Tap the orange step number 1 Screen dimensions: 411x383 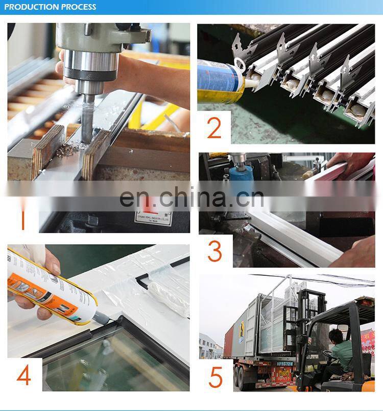click(x=22, y=219)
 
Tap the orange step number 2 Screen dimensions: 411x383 click(x=214, y=128)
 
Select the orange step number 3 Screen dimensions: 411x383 click(x=215, y=251)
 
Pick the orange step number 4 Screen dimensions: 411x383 click(x=23, y=375)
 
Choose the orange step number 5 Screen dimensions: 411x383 click(x=216, y=376)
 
